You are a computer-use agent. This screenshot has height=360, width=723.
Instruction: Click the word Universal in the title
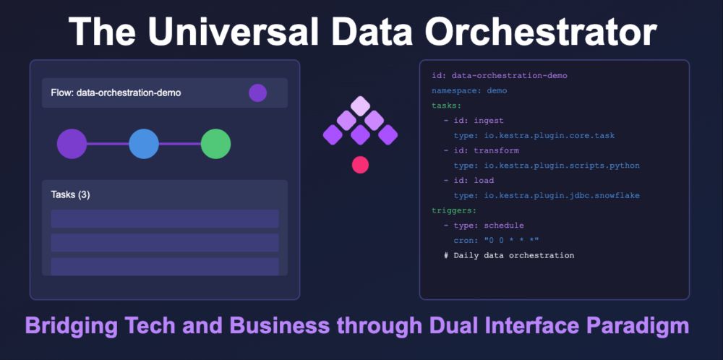point(232,31)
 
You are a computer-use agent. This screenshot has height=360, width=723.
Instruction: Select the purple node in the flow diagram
point(72,144)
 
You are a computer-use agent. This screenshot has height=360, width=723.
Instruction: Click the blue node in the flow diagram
point(144,144)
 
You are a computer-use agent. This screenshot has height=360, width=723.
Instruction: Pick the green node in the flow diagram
point(215,144)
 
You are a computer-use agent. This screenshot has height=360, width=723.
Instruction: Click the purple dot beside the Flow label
point(258,93)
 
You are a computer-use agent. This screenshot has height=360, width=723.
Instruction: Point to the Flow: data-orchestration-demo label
point(116,93)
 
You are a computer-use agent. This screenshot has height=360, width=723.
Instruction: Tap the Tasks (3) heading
point(71,194)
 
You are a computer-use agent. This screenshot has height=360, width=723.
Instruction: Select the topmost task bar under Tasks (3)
point(165,218)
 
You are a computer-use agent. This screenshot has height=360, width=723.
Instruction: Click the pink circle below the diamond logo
point(360,165)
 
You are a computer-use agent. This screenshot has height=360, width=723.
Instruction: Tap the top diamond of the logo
point(360,106)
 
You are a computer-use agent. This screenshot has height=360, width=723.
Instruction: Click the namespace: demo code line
point(469,91)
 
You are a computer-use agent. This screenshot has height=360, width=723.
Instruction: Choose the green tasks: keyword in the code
point(446,106)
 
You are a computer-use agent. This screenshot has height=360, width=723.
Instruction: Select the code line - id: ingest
point(474,121)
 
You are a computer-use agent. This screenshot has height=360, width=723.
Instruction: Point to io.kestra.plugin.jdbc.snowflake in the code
point(562,195)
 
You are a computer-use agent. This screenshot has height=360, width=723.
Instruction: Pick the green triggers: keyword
point(454,210)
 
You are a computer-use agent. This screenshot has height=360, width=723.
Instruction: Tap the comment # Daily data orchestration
point(509,255)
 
